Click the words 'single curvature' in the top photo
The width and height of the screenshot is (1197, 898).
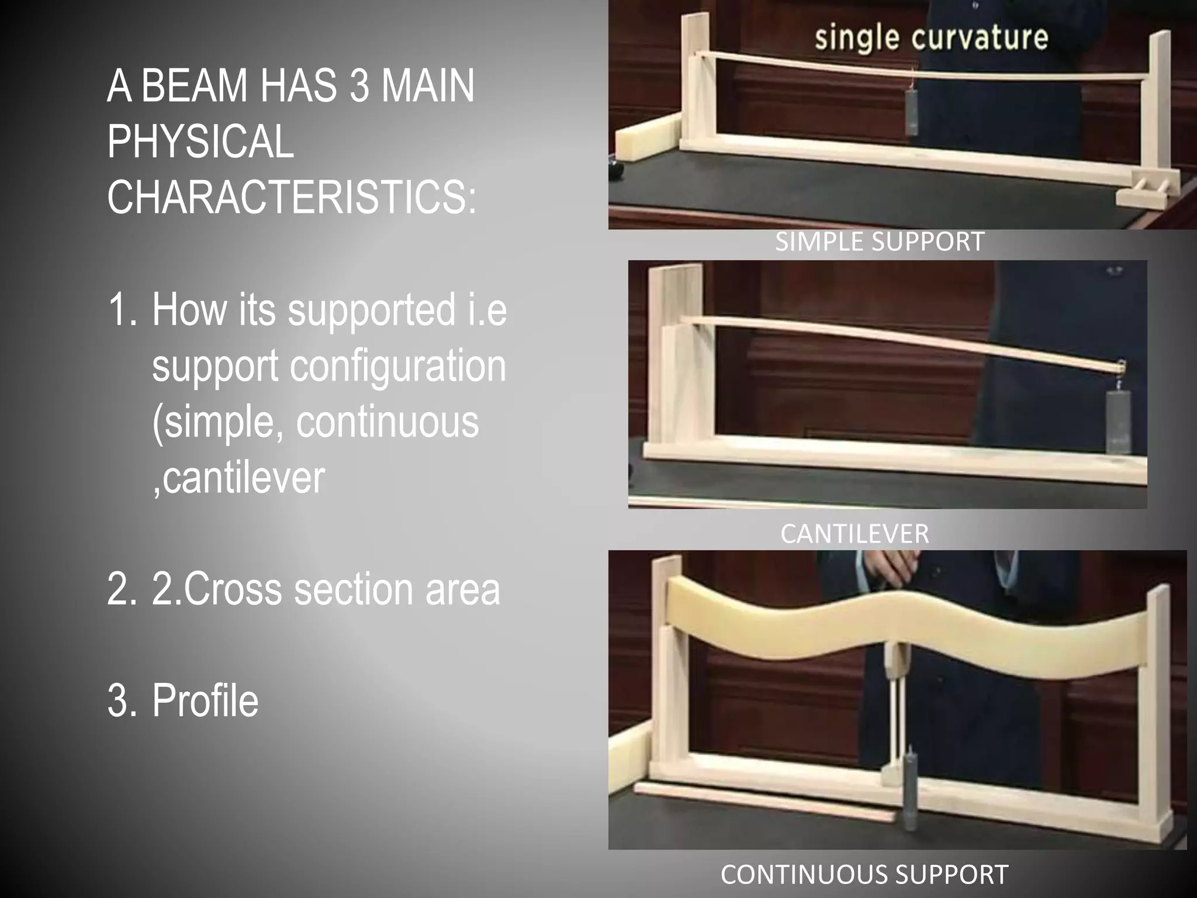tap(931, 37)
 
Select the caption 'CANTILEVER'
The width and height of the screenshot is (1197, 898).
tap(854, 534)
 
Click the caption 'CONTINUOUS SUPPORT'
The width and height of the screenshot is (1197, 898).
tap(864, 875)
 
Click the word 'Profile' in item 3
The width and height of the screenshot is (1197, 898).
tap(205, 700)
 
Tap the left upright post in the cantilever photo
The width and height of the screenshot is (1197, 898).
tap(678, 357)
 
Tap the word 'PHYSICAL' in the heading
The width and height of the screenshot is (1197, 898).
tap(200, 141)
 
